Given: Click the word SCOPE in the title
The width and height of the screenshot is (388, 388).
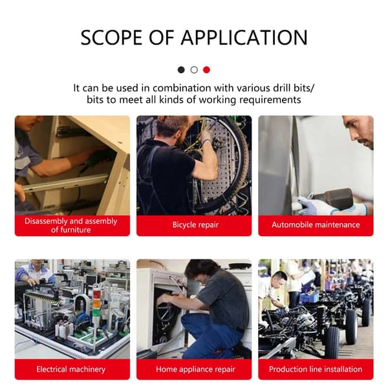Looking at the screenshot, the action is (x=112, y=38).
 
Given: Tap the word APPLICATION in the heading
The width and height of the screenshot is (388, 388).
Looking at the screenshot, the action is (x=244, y=38).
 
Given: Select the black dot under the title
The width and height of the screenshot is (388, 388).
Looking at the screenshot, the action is (x=181, y=70).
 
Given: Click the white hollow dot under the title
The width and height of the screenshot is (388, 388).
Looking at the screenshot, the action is (x=194, y=70).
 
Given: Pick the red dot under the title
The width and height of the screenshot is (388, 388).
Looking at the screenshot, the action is (x=207, y=70).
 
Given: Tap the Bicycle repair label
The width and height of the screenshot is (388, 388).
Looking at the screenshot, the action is (x=195, y=225).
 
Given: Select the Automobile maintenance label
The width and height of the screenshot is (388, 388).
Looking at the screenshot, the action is (x=316, y=224).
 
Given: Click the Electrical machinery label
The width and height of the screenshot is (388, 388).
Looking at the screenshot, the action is (x=71, y=369).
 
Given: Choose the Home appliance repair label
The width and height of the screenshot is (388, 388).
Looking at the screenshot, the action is (x=195, y=369).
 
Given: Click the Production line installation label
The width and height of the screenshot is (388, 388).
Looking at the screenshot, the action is (x=316, y=369).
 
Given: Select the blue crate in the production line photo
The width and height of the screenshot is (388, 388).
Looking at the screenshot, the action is (x=309, y=297).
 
